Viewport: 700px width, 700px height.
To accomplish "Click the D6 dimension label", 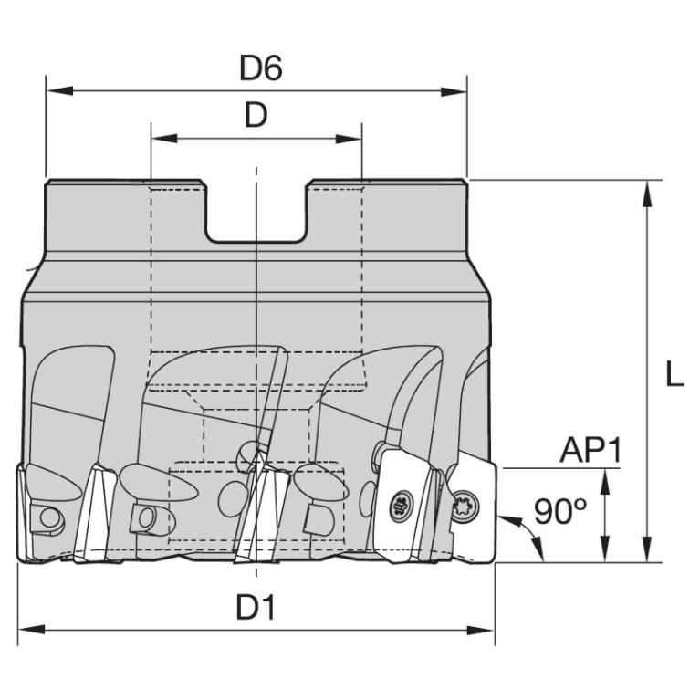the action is (261, 68).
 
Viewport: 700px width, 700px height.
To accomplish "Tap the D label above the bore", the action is (256, 115).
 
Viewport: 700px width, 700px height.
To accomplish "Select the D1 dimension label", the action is (256, 607).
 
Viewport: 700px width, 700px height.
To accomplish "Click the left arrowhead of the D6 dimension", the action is (59, 91).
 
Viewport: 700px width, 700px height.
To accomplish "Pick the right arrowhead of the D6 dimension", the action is (453, 91).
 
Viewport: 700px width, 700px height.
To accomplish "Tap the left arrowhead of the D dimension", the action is (164, 139).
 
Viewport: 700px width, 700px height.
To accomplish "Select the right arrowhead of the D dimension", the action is (348, 139).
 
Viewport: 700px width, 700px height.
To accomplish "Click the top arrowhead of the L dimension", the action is (645, 193).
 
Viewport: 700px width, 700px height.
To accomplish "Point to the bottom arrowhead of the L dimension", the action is (645, 549).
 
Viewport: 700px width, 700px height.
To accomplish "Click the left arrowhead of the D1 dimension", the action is (31, 630).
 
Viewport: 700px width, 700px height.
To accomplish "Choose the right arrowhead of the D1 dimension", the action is (481, 631).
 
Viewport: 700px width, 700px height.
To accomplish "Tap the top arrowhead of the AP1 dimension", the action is (605, 482).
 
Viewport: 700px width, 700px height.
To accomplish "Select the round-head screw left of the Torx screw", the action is (402, 507).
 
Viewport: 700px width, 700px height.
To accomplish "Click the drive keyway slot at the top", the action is (256, 211).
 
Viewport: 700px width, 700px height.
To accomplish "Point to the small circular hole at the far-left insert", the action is (49, 517).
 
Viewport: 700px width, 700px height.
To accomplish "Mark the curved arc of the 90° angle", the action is (530, 534).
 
